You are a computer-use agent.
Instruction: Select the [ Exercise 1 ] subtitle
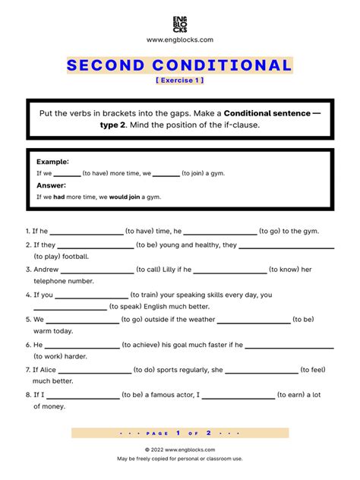coord(179,81)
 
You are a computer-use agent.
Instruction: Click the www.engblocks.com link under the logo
coord(180,39)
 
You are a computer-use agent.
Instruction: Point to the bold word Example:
coord(52,162)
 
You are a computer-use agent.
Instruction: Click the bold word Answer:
coord(52,185)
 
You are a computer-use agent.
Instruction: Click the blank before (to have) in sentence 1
coord(86,232)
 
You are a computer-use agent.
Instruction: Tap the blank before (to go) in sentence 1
coord(219,232)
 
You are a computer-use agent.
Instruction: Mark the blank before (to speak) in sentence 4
coord(70,307)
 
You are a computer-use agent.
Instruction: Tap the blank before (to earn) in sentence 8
coord(238,395)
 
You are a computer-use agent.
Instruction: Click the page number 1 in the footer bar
coord(177,433)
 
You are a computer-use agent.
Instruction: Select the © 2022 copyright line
coord(179,450)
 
